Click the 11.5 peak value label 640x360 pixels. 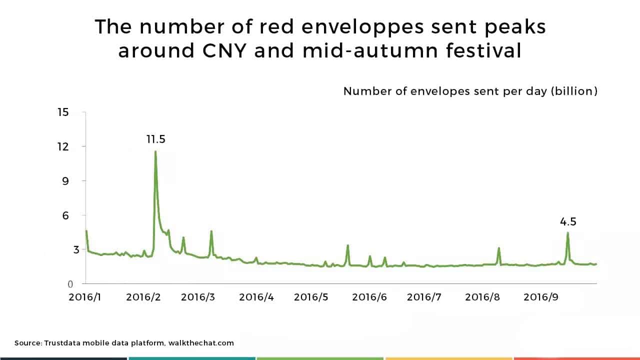[155, 139]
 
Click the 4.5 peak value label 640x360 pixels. [568, 221]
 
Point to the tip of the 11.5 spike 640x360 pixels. [155, 151]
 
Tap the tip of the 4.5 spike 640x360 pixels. [567, 232]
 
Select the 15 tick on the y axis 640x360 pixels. [63, 112]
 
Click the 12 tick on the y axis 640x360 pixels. [63, 147]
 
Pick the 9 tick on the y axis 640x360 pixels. [65, 181]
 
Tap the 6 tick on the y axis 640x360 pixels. [65, 215]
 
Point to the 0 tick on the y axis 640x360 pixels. [70, 284]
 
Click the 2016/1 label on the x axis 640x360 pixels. [85, 297]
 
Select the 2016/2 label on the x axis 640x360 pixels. [143, 297]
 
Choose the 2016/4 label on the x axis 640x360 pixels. [256, 297]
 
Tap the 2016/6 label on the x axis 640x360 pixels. [369, 297]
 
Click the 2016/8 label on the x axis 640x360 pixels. [482, 297]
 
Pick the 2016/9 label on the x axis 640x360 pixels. [541, 297]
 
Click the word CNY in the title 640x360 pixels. [224, 50]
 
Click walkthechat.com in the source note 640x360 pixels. [201, 343]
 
